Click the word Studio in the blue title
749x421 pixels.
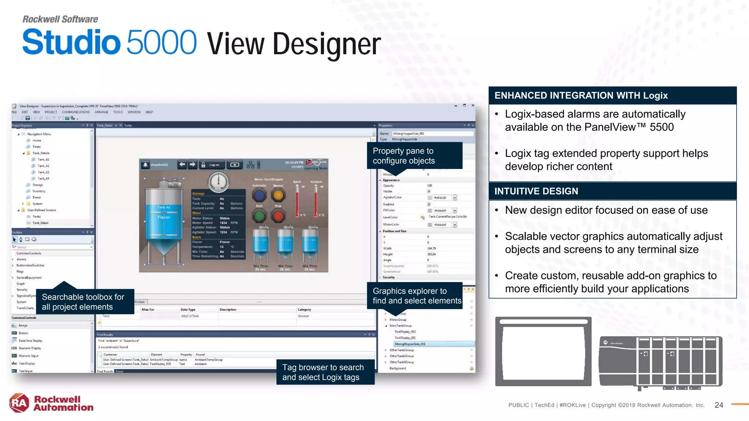(x=71, y=42)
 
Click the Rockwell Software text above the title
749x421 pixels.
(x=60, y=19)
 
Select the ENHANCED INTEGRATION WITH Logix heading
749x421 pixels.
(x=581, y=96)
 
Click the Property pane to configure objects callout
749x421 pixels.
(x=414, y=156)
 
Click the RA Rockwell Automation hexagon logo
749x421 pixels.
(x=19, y=403)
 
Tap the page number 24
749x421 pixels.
(x=719, y=405)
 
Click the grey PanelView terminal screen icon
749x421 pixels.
(x=543, y=352)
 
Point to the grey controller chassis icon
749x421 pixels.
(x=660, y=362)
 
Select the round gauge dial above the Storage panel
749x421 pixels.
(x=219, y=182)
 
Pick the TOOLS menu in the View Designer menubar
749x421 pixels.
(x=118, y=112)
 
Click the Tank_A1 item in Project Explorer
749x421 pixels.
(x=43, y=159)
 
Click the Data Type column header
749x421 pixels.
(x=188, y=310)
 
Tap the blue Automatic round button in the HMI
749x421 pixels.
(x=259, y=195)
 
